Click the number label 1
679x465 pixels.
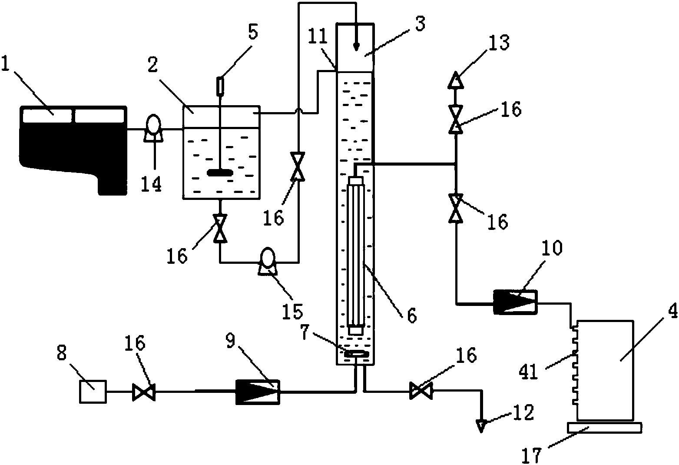(6, 63)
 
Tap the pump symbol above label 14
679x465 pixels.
(153, 128)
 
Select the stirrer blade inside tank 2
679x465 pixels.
(220, 173)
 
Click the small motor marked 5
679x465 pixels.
(220, 86)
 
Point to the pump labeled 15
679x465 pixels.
(268, 262)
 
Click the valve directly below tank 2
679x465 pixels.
(220, 229)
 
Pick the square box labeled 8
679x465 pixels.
(93, 392)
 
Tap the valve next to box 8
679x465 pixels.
(144, 392)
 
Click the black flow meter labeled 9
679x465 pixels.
(258, 392)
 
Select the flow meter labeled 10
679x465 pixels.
(515, 302)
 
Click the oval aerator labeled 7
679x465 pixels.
(355, 354)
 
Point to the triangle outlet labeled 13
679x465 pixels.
(456, 80)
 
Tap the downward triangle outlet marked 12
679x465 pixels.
(481, 426)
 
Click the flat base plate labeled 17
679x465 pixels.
(604, 427)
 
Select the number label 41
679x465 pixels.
(528, 372)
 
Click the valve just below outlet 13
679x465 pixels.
(456, 120)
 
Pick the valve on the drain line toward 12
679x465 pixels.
(421, 391)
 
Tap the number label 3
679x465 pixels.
(420, 23)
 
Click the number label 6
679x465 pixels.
(412, 316)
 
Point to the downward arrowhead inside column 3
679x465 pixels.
(357, 46)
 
